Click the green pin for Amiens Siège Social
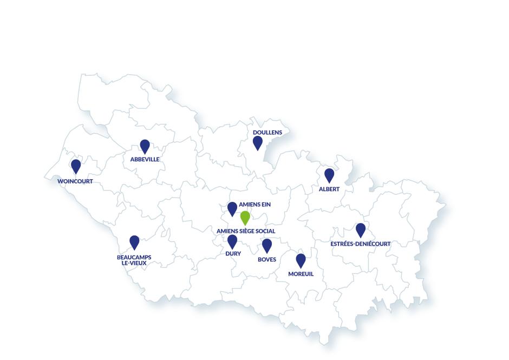click(x=245, y=217)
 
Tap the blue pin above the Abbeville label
click(x=145, y=146)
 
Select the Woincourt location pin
click(x=76, y=166)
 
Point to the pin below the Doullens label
click(x=258, y=142)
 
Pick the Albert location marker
click(x=329, y=175)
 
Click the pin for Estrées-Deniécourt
click(x=361, y=230)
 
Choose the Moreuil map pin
click(x=301, y=260)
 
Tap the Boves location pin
click(x=267, y=245)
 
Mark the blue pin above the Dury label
click(x=232, y=241)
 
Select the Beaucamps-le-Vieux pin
click(x=134, y=242)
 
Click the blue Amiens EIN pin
click(x=232, y=208)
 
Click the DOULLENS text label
click(x=267, y=132)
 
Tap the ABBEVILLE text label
click(x=145, y=160)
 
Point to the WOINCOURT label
click(x=75, y=181)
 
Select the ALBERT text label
click(x=329, y=189)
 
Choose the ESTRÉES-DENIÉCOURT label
click(x=360, y=244)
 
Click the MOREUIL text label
click(x=301, y=274)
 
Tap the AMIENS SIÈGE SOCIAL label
click(x=246, y=231)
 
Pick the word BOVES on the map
click(x=267, y=260)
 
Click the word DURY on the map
click(x=233, y=253)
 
